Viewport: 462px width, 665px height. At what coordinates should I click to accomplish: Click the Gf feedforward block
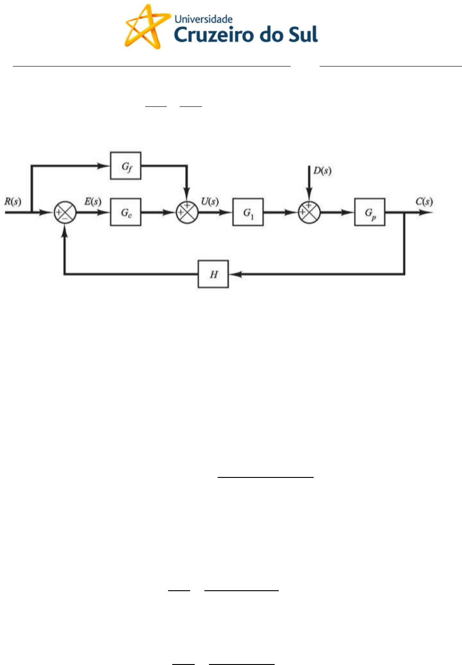click(x=125, y=166)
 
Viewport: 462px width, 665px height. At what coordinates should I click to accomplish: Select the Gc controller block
click(x=125, y=212)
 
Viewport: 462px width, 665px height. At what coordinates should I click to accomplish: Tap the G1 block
click(x=248, y=212)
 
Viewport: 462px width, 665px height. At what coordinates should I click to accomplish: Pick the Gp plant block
click(x=370, y=212)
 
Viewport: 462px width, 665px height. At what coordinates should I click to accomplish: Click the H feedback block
click(x=213, y=274)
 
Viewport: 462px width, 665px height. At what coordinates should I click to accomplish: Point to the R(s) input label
click(x=13, y=201)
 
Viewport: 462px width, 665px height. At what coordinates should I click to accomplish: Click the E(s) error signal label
click(x=93, y=201)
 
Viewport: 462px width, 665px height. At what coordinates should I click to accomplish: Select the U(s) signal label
click(x=210, y=201)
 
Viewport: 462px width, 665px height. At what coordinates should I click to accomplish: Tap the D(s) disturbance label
click(x=322, y=171)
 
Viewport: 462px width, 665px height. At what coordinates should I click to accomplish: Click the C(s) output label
click(x=424, y=201)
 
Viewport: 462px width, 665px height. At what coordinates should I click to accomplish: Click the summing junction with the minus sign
click(x=65, y=212)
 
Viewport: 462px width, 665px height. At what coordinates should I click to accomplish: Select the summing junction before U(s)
click(x=187, y=212)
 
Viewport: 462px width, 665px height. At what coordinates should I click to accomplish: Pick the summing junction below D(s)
click(x=309, y=212)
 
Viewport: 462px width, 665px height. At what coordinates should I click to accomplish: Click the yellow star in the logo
click(x=143, y=26)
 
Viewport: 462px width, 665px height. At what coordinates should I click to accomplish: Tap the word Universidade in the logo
click(x=203, y=19)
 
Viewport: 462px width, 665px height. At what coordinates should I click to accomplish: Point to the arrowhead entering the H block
click(x=234, y=274)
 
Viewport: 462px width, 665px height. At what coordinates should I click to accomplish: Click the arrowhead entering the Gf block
click(x=105, y=166)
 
